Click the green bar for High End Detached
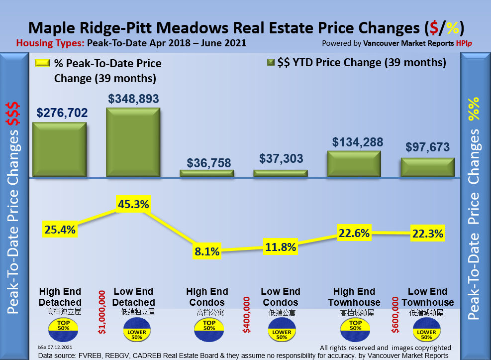tap(59, 149)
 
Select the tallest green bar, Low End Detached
tap(133, 142)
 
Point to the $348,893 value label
tap(133, 99)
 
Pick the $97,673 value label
tap(428, 147)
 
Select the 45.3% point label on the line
tap(133, 204)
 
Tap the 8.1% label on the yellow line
tap(207, 251)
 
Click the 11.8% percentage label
tap(281, 246)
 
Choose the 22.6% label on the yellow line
tap(354, 233)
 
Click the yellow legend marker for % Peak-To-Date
tap(43, 64)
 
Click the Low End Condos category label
tap(281, 297)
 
